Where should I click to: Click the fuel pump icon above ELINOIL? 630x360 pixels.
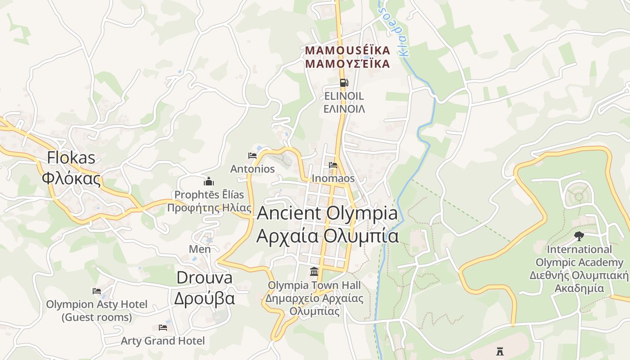pos(344,82)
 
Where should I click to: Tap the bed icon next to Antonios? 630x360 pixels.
pos(252,156)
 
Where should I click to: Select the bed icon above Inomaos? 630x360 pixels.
pos(333,165)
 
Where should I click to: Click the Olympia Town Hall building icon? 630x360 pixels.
pos(314,272)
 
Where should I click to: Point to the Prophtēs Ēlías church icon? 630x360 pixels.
pos(209,181)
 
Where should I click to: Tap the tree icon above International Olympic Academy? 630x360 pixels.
pos(579,236)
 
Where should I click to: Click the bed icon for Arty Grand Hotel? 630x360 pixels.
pos(163,328)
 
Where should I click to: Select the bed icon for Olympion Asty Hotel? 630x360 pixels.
pos(97,291)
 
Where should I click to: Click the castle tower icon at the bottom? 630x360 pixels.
pos(499,351)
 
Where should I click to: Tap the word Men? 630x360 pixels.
pos(200,249)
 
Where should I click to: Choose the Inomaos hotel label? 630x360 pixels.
pos(333,178)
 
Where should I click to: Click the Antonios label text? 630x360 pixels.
pos(252,169)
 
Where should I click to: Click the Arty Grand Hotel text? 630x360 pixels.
pos(162,341)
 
